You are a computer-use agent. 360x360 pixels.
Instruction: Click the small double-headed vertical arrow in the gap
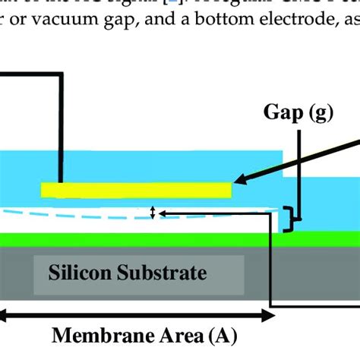pyautogui.click(x=153, y=213)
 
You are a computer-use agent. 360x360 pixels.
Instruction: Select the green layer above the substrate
pyautogui.click(x=137, y=239)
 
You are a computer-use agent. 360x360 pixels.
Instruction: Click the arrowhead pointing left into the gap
pyautogui.click(x=162, y=213)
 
